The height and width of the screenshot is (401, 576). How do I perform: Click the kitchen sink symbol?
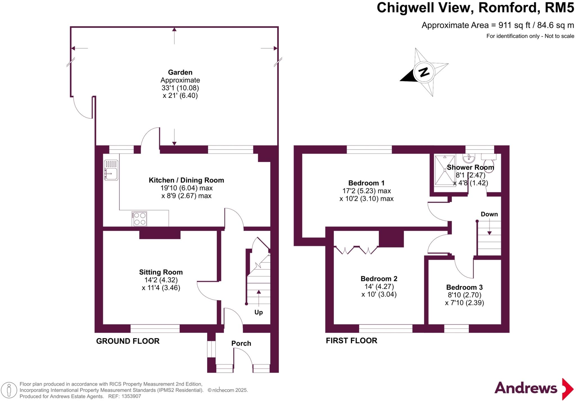click(x=111, y=170)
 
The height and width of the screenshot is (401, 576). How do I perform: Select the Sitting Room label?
click(x=161, y=272)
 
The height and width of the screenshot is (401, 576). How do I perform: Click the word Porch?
click(x=241, y=343)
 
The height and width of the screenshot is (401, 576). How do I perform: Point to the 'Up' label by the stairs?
click(x=258, y=312)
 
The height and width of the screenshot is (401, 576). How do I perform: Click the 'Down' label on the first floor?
click(x=489, y=214)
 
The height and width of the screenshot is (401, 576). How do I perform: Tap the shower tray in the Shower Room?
click(x=445, y=170)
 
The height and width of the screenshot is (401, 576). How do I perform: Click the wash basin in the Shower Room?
click(x=469, y=159)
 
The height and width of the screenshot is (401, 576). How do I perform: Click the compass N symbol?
click(x=424, y=73)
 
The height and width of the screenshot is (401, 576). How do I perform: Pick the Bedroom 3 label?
click(x=464, y=287)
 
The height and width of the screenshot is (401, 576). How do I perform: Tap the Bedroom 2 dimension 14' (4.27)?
click(x=379, y=287)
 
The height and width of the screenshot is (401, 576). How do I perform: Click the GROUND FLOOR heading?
click(x=128, y=341)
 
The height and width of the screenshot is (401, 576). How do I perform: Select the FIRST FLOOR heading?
click(x=351, y=341)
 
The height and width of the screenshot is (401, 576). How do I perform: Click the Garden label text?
click(x=180, y=73)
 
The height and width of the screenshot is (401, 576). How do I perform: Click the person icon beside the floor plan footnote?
click(x=9, y=390)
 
